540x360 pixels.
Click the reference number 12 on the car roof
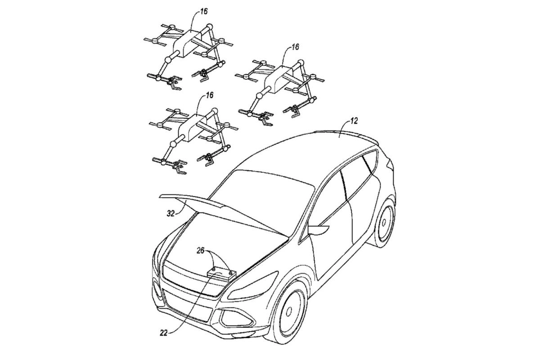(x=353, y=121)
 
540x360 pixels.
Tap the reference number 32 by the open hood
(x=171, y=213)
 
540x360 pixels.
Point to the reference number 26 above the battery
(x=200, y=251)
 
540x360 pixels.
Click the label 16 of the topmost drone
(x=204, y=12)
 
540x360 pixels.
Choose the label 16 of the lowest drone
(x=210, y=95)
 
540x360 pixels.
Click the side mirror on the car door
(x=318, y=229)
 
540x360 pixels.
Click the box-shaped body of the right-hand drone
(x=279, y=80)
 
